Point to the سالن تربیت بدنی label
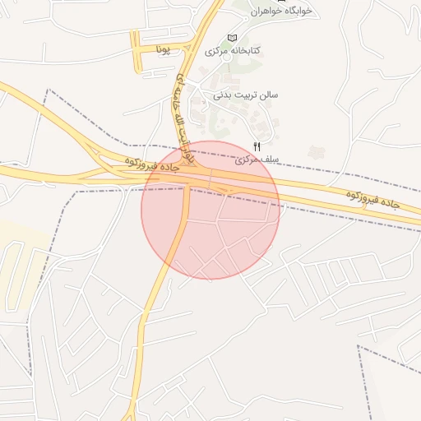pyautogui.click(x=246, y=95)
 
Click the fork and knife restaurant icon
pyautogui.click(x=244, y=146)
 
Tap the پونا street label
pyautogui.click(x=163, y=51)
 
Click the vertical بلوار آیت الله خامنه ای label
pyautogui.click(x=182, y=108)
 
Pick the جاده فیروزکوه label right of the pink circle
pyautogui.click(x=373, y=199)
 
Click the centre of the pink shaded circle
pyautogui.click(x=210, y=210)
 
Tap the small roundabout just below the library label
pyautogui.click(x=197, y=81)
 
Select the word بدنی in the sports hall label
pyautogui.click(x=224, y=95)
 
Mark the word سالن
pyautogui.click(x=269, y=95)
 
